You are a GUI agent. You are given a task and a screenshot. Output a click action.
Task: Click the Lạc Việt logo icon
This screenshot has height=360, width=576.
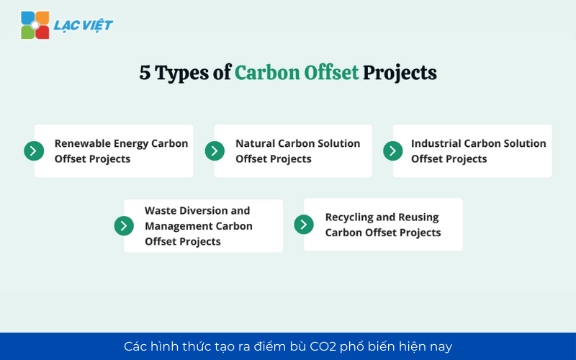(35, 25)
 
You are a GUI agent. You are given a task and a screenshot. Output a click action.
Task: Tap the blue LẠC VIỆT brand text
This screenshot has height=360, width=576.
(83, 26)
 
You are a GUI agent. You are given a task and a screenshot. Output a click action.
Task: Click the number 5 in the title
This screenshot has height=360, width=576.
(145, 73)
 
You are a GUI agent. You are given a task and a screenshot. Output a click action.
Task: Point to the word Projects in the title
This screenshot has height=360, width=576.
(400, 73)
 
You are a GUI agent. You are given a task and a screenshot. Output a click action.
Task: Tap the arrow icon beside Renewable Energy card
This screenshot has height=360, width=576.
(34, 150)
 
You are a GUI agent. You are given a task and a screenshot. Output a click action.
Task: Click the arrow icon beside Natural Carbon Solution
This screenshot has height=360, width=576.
(215, 150)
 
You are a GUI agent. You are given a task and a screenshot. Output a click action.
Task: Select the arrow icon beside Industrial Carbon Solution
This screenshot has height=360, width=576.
(392, 150)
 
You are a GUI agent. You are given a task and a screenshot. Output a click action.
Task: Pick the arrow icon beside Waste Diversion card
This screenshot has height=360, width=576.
(124, 225)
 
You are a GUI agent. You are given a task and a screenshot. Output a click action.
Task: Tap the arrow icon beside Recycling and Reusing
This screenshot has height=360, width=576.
(304, 225)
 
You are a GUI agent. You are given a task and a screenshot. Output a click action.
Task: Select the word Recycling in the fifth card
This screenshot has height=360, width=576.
(349, 217)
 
